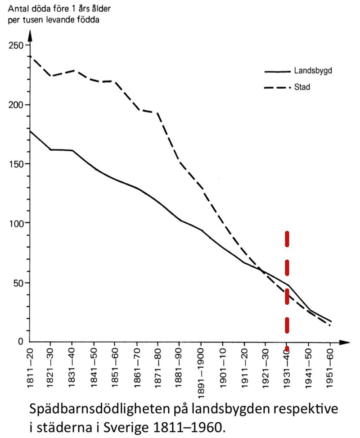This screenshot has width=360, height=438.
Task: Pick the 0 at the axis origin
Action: tap(20, 342)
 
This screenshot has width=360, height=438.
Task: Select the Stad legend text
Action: tap(302, 87)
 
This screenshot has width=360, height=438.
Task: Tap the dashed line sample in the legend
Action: tap(276, 87)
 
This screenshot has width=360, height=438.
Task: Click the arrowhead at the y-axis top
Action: tap(30, 34)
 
